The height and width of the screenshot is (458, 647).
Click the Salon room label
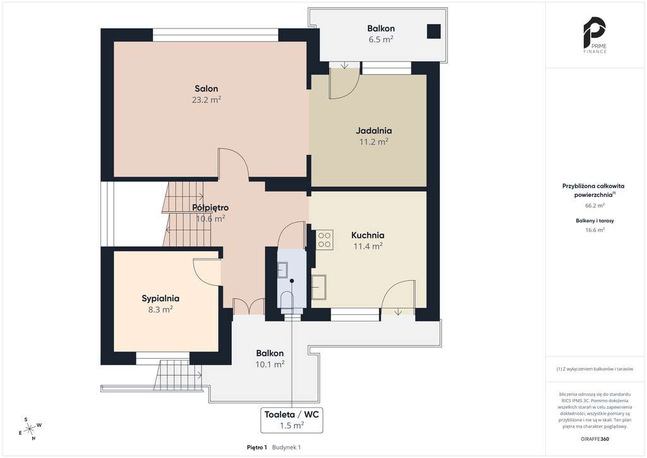point(207,89)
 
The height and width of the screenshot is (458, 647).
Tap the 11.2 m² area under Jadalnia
point(373,142)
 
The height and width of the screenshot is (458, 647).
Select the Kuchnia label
point(368,235)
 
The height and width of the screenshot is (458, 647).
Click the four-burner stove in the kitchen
point(324,240)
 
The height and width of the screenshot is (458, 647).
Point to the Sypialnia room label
point(160,298)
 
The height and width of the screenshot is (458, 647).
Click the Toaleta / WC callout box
point(292,420)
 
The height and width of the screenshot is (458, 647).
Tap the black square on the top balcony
point(433,32)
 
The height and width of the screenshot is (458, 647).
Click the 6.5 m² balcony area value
point(381,40)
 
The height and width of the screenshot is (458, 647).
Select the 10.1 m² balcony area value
point(270,364)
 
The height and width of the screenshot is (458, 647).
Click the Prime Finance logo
point(594,35)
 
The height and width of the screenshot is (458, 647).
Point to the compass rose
point(31,429)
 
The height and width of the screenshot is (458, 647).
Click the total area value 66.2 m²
point(595,205)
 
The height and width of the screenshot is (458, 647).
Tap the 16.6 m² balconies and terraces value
point(595,230)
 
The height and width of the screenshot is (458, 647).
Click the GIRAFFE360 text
point(594,438)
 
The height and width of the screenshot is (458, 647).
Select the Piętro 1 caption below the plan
point(257,447)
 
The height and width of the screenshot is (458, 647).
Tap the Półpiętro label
point(210,207)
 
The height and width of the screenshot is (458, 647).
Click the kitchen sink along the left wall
point(318,287)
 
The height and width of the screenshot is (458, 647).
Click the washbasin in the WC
point(282,270)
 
